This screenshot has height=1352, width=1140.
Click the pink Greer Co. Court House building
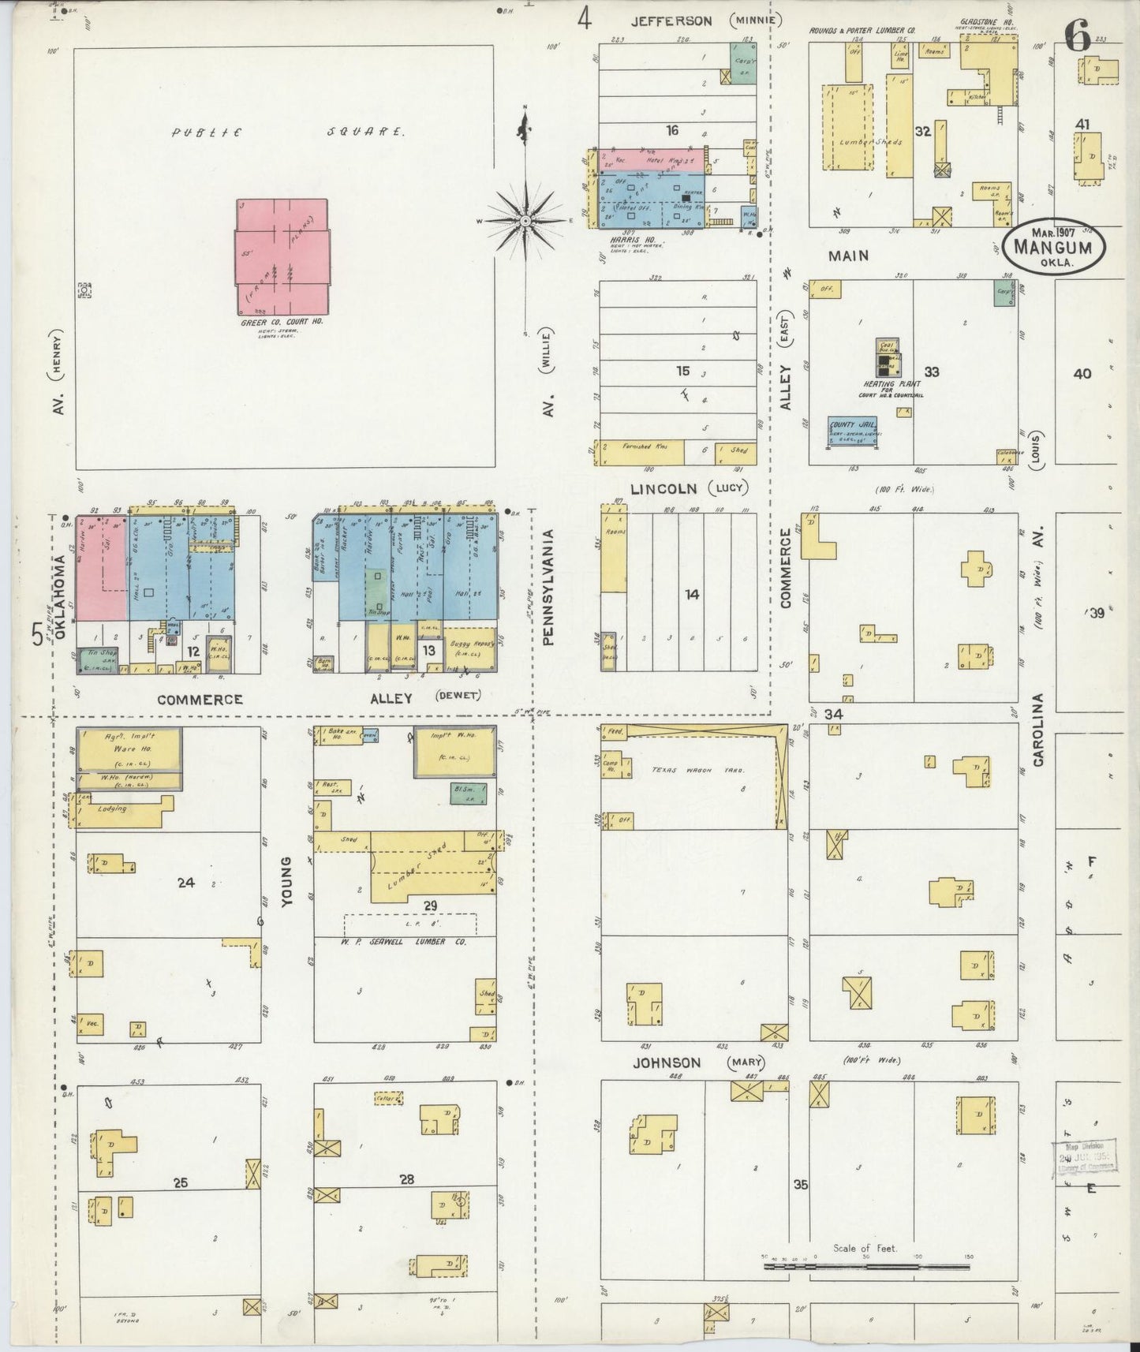point(282,256)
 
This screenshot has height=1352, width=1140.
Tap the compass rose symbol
point(526,220)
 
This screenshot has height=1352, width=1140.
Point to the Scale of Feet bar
point(865,1266)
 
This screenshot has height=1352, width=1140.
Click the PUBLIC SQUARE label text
point(288,133)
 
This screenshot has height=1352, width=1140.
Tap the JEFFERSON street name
point(671,21)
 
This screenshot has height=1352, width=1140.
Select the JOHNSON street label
point(667,1063)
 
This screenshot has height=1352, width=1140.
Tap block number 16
point(671,130)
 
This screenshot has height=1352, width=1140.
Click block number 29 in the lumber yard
point(430,906)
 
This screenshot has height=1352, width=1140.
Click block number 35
point(801,1185)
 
